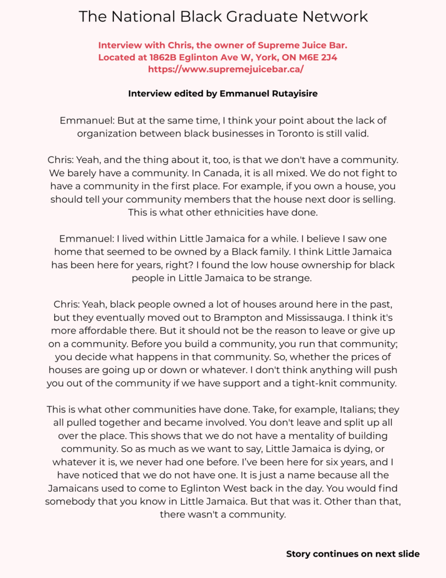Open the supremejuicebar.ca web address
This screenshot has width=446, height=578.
226,69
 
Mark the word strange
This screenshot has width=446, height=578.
289,278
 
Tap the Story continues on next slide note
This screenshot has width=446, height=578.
353,554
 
